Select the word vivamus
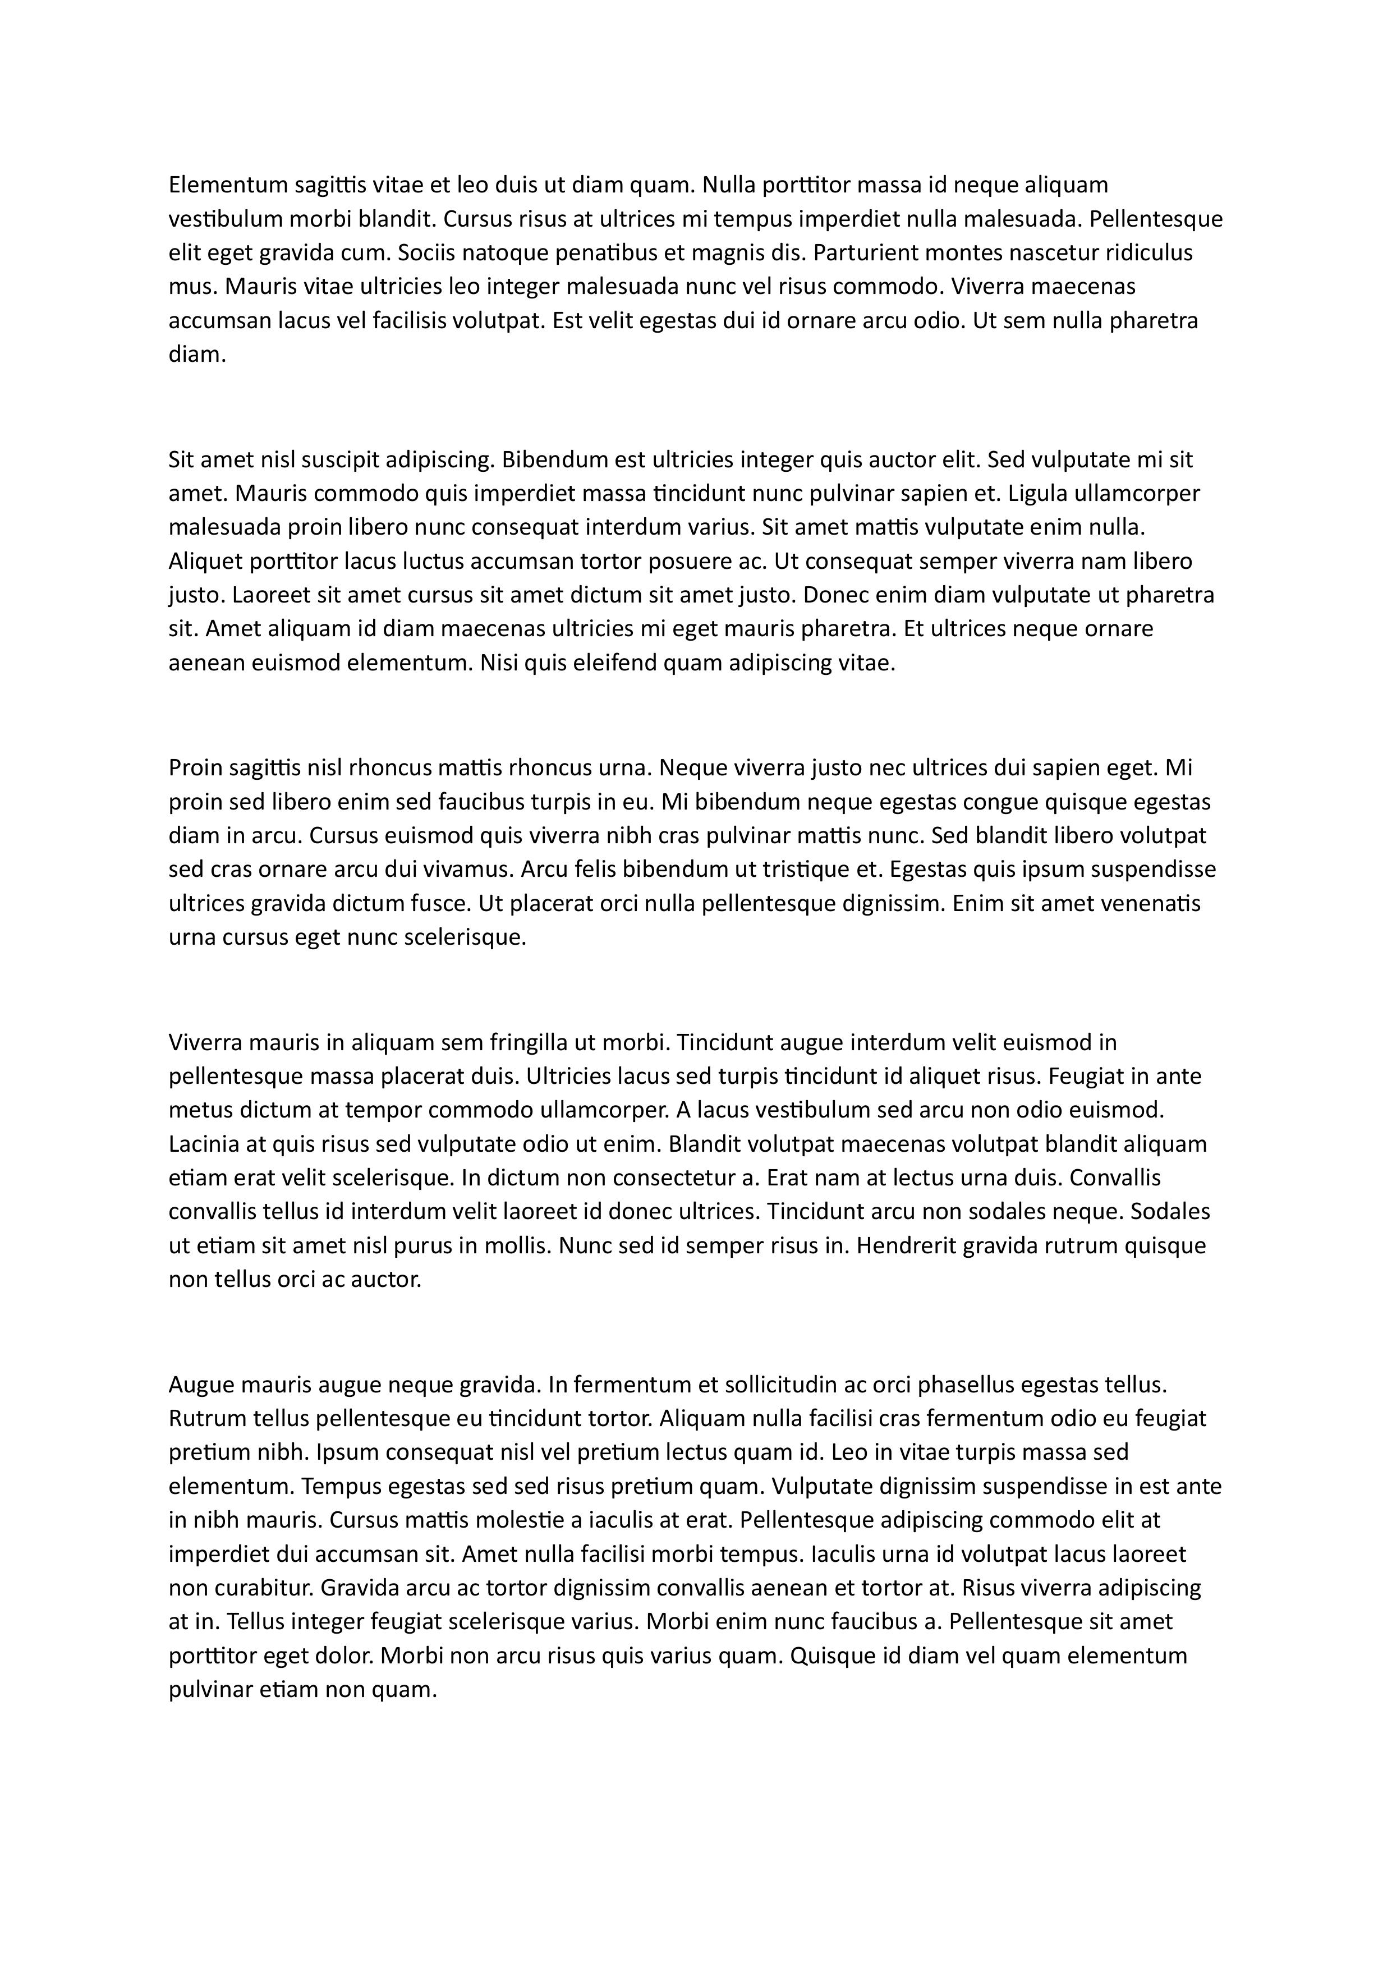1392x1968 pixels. pyautogui.click(x=469, y=870)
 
